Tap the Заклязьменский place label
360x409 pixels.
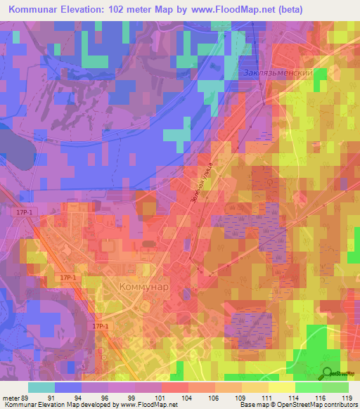276,73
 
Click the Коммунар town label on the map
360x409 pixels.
143,287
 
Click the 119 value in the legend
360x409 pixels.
348,398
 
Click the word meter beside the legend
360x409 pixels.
11,398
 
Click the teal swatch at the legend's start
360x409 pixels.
41,387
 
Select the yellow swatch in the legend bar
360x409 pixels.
281,387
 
